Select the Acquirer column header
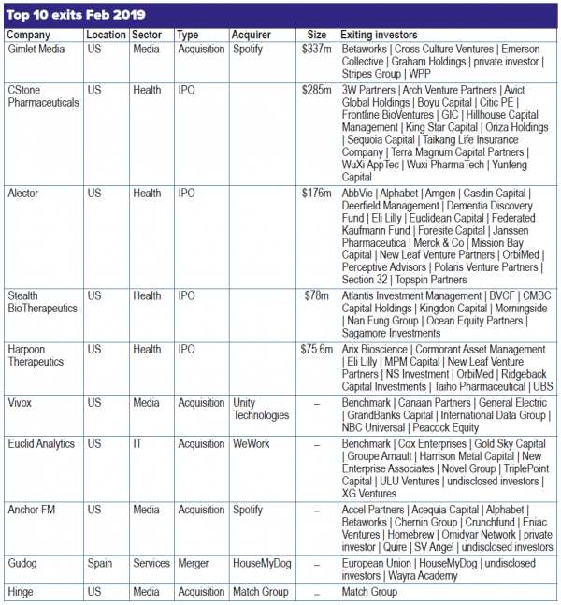(251, 36)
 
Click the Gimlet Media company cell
(36, 49)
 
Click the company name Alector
(24, 194)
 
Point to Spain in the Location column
(101, 564)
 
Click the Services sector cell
(151, 564)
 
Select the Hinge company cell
(22, 592)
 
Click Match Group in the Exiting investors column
(368, 592)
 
